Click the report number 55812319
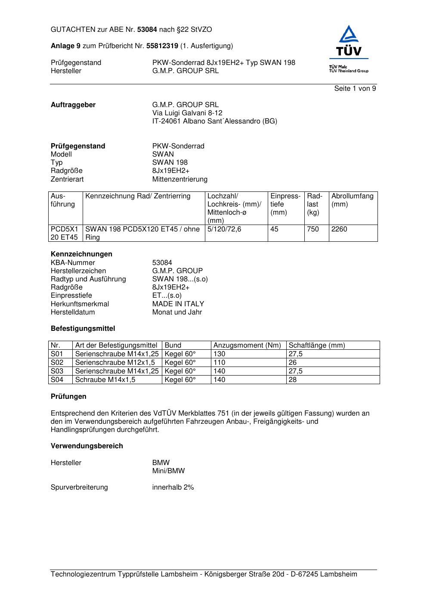coord(162,46)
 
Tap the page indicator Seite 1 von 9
coord(355,89)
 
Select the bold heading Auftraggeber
coord(73,105)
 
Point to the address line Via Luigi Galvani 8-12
coord(187,113)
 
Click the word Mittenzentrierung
coord(179,179)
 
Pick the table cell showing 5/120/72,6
coord(224,229)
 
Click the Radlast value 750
coord(313,229)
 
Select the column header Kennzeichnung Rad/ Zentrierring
coord(138,196)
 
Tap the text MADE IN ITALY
coord(178,304)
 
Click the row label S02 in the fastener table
coord(57,363)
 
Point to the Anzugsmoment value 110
coord(219,363)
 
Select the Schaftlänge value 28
coord(293,380)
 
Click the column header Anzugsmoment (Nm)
coord(247,345)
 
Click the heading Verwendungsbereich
coord(87,446)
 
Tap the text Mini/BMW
coord(168,471)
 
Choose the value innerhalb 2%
coord(173,487)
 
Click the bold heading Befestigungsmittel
coord(83,329)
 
